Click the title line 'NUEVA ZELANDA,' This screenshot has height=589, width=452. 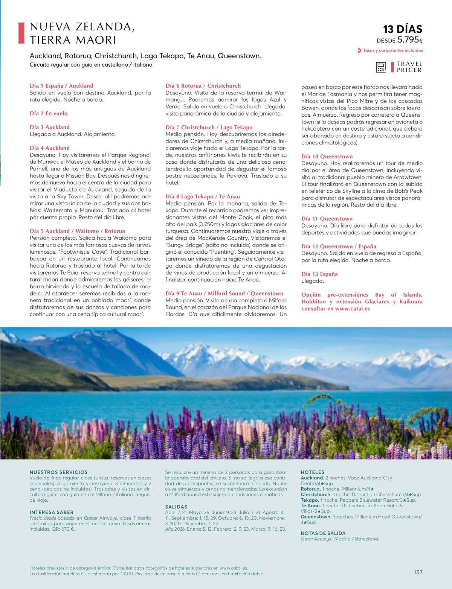82,27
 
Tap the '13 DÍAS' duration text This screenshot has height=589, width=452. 403,29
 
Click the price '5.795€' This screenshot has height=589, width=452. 410,40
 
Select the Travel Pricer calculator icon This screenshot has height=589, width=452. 381,67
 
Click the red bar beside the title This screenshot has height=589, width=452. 21,33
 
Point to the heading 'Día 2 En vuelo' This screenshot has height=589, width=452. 49,113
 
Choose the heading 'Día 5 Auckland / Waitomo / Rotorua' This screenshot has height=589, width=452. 77,231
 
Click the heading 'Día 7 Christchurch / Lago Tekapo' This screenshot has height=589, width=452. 209,127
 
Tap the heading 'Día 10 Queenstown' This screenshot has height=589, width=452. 327,156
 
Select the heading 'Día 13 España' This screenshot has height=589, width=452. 319,274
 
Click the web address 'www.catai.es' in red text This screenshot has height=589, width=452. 352,309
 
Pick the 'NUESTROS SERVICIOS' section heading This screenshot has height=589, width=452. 58,472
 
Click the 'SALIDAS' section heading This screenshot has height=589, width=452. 176,507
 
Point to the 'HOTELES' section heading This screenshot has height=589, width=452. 313,472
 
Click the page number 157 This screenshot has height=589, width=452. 418,572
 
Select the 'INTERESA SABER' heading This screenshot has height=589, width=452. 52,512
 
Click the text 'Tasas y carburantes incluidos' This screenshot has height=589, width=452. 393,50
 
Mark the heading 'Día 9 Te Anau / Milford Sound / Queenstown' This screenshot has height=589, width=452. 224,293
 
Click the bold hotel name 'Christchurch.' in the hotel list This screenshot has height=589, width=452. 316,494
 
